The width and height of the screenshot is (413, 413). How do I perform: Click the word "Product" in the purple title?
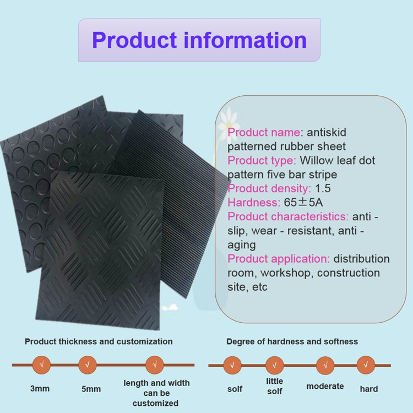click(134, 40)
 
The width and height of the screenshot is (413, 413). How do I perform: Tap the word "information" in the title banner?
click(245, 40)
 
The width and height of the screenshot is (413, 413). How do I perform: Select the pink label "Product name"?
click(264, 132)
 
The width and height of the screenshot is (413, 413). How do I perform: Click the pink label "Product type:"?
click(262, 160)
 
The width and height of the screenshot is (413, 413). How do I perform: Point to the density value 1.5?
click(323, 188)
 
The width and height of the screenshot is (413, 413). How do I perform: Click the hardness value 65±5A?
click(303, 202)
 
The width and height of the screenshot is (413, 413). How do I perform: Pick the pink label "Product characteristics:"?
click(288, 216)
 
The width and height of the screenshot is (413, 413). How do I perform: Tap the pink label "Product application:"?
click(279, 259)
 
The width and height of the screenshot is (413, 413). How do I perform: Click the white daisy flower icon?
click(229, 122)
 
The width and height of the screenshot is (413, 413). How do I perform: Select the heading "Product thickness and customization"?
click(99, 341)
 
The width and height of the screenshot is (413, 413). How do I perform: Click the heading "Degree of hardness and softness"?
click(292, 341)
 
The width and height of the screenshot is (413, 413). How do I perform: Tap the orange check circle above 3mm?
click(41, 365)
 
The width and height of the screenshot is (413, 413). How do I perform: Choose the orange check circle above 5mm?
click(88, 365)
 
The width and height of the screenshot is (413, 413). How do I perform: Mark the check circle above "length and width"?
click(155, 365)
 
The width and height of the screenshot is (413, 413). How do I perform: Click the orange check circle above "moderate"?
click(325, 365)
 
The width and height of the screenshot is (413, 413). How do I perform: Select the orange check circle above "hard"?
click(366, 365)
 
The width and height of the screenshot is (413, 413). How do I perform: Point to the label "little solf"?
click(274, 386)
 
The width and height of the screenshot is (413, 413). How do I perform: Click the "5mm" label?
click(91, 389)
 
